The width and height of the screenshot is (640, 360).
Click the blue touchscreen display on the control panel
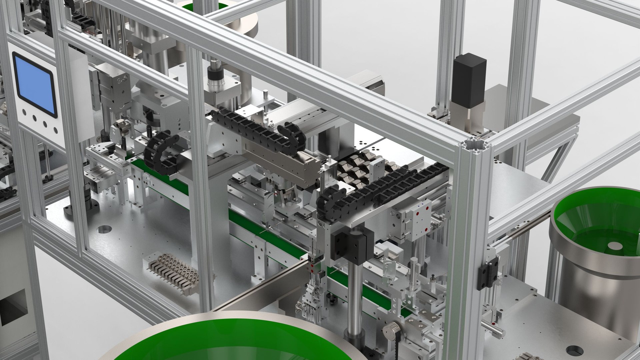pos(35,85)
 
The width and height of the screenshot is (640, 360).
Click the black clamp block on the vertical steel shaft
pos(350,245)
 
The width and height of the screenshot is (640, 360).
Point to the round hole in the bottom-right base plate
pos(575,350)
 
